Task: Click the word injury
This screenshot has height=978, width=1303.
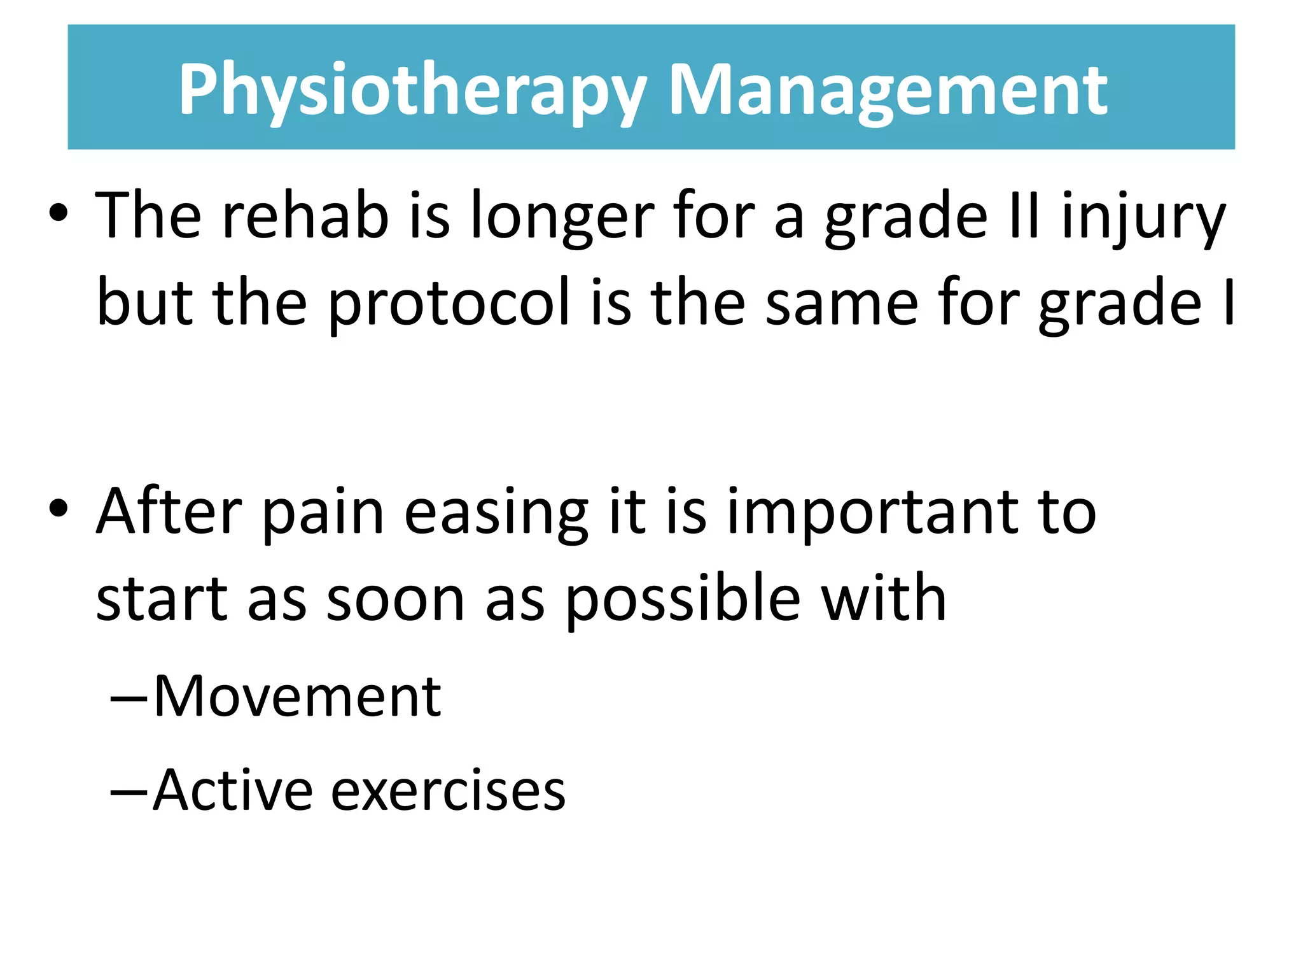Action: [x=1143, y=216]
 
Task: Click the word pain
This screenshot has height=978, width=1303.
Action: [x=323, y=513]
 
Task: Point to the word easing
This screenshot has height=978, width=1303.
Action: [x=496, y=513]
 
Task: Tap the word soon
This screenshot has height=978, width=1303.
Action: [x=395, y=599]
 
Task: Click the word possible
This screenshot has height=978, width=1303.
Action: [x=682, y=599]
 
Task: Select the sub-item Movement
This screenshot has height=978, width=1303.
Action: [x=296, y=696]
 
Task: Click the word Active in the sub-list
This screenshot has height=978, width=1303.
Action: [x=233, y=790]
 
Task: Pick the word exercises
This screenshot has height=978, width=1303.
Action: [x=449, y=790]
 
